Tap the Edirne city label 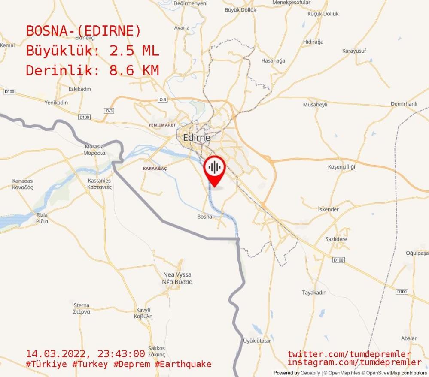[196, 138]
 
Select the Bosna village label [204, 217]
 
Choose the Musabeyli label [315, 104]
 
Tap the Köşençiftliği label [341, 166]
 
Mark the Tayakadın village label [314, 293]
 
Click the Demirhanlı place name [404, 104]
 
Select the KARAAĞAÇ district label [155, 169]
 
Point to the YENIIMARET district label [162, 125]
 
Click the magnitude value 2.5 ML [134, 51]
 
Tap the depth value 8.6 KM [134, 70]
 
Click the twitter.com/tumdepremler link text [349, 354]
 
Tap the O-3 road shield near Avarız [162, 100]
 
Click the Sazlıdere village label [336, 239]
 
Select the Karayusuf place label [354, 51]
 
